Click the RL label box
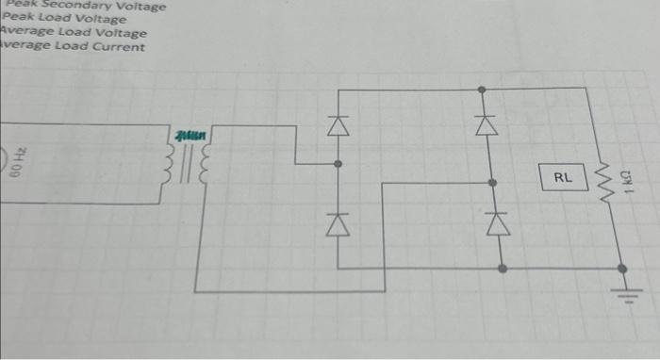(x=563, y=175)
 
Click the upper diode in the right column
(x=484, y=123)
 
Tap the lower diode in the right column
(x=490, y=222)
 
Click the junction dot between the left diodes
(x=338, y=164)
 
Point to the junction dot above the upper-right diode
(x=483, y=90)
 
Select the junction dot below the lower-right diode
(x=502, y=269)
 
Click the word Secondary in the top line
(x=74, y=6)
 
